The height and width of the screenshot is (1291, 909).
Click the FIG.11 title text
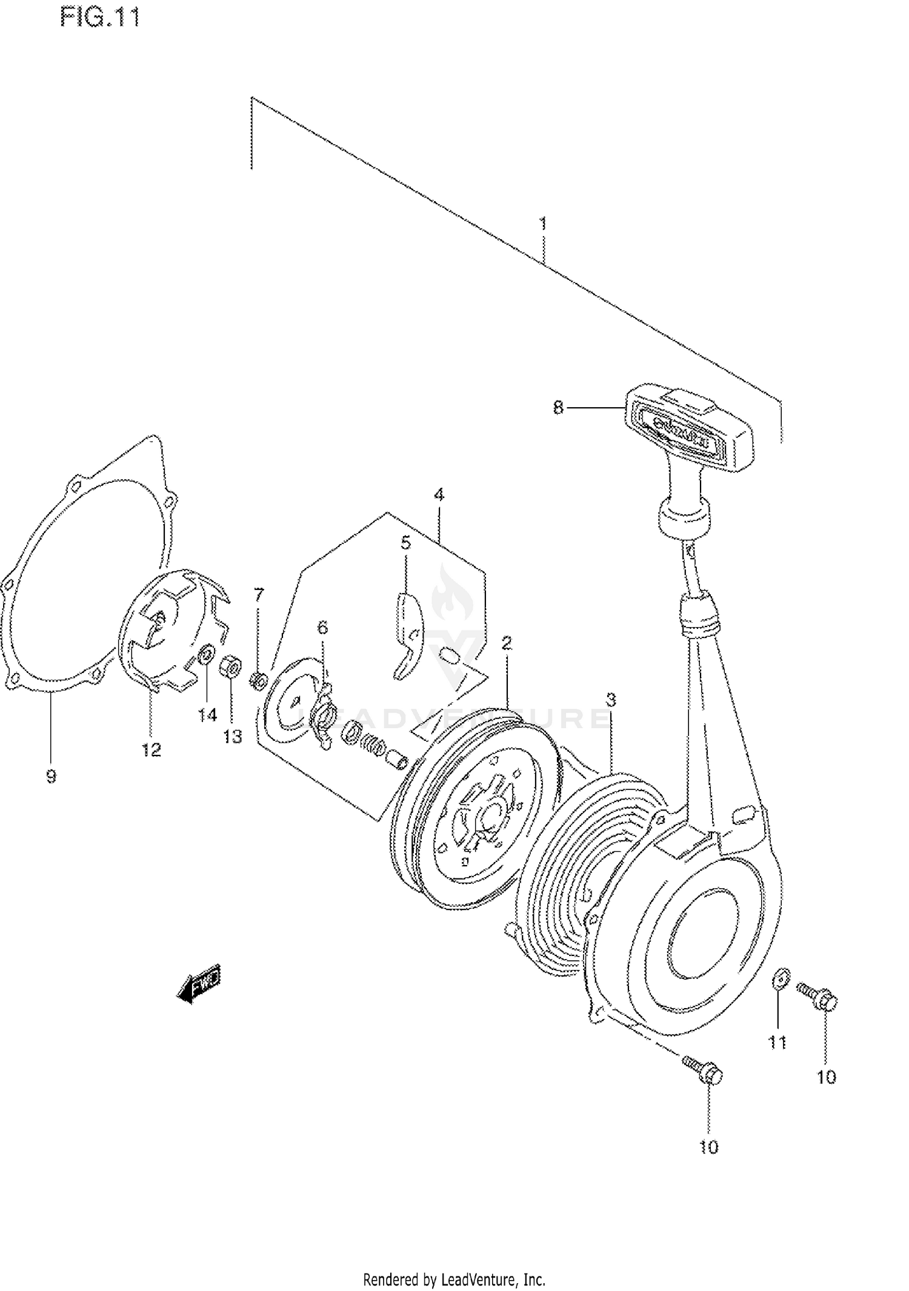(x=100, y=18)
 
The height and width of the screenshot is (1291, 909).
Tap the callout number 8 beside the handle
(x=558, y=408)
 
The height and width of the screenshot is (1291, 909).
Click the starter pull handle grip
(x=691, y=426)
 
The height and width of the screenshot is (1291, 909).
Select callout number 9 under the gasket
(x=52, y=776)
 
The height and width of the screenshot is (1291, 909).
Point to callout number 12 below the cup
(x=151, y=750)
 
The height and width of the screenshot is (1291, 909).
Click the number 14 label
(x=207, y=715)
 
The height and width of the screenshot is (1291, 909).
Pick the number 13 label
(x=233, y=737)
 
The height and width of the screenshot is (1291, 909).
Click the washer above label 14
(x=207, y=654)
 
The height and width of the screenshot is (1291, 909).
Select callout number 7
(x=259, y=595)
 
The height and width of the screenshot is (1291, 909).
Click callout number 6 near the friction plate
(x=322, y=628)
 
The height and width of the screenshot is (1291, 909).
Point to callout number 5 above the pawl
(x=405, y=543)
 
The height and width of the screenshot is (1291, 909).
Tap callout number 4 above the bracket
(x=439, y=495)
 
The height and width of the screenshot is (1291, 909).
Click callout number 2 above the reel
(x=507, y=643)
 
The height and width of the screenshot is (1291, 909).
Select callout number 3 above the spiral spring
(x=611, y=700)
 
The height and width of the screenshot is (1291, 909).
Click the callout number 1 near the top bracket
(x=543, y=224)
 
